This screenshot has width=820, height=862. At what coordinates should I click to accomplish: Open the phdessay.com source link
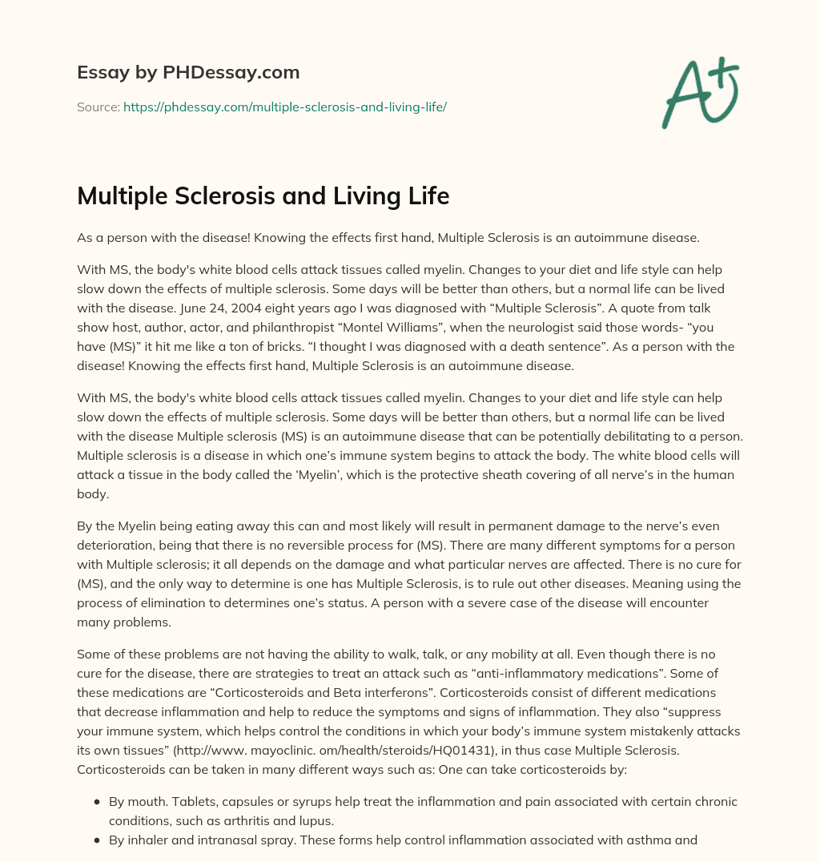click(x=284, y=107)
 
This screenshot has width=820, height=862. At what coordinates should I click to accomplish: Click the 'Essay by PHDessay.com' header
click(x=188, y=73)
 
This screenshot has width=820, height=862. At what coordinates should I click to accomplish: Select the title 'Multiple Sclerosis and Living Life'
click(x=263, y=197)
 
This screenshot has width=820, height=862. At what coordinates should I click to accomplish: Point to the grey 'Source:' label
click(x=98, y=107)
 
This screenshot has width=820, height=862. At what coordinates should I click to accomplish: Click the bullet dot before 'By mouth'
click(x=97, y=802)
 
